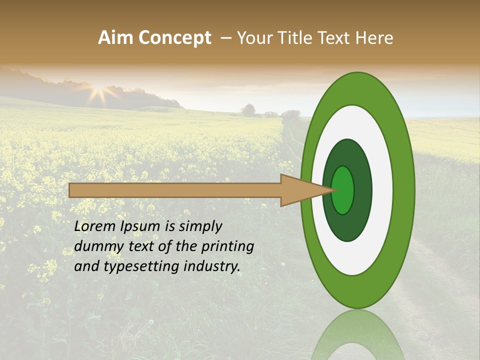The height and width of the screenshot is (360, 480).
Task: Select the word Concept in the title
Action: pyautogui.click(x=175, y=38)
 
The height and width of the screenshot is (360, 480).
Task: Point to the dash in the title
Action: pyautogui.click(x=225, y=38)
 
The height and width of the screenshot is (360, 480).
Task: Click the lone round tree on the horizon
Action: pyautogui.click(x=248, y=110)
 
